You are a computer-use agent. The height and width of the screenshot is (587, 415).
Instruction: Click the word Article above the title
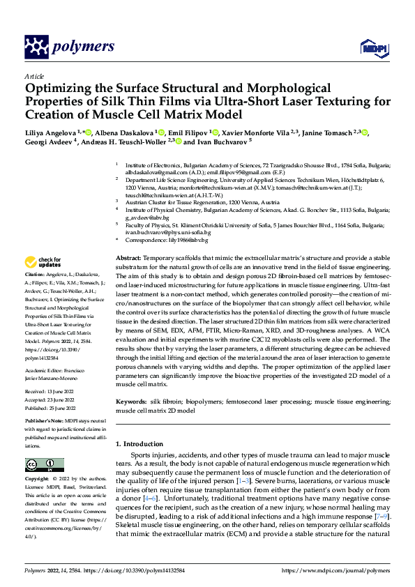[x=34, y=75]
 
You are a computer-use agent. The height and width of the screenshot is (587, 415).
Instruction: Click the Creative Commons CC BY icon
[x=45, y=465]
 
